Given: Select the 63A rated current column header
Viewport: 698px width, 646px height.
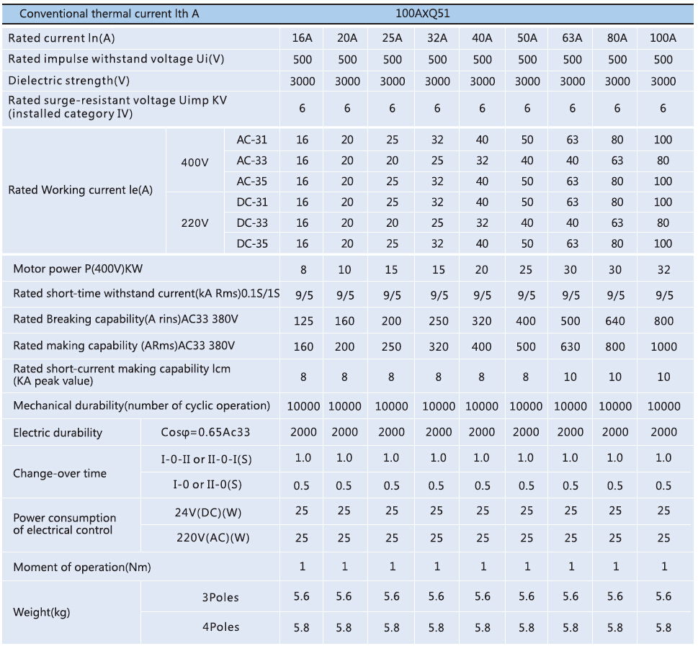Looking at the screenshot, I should (572, 39).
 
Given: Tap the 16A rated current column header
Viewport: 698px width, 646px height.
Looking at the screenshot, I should (302, 39).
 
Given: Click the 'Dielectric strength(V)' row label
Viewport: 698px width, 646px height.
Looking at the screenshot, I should (69, 81).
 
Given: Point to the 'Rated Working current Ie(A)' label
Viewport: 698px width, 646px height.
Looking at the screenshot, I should (81, 191).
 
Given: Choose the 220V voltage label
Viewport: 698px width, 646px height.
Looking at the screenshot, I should (194, 223).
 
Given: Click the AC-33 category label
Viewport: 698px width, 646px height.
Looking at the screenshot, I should (252, 161).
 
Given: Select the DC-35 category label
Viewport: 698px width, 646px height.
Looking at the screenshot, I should (252, 244).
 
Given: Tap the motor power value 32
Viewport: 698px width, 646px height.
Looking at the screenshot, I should (663, 270).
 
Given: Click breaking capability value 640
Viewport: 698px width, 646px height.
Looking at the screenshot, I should (616, 321).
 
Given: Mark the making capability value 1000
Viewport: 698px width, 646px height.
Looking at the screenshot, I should (663, 346).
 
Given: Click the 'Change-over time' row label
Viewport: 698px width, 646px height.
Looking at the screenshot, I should (60, 473).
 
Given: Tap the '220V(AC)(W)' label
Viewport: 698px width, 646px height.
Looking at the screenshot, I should (212, 538).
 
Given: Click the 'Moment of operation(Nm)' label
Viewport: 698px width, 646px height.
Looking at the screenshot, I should (82, 568).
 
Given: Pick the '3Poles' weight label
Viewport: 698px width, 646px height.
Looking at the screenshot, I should (220, 597).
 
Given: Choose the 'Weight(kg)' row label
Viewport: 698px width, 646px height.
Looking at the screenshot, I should (42, 612).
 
